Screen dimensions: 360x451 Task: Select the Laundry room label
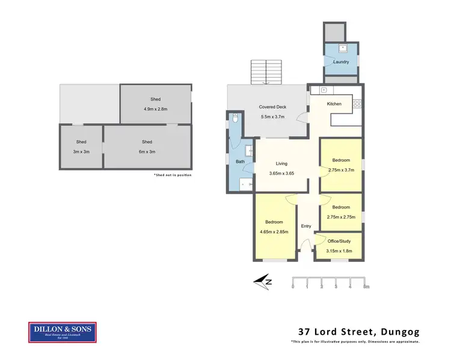point(341,62)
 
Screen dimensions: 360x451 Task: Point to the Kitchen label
point(334,104)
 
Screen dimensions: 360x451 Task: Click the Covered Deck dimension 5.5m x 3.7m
point(272,115)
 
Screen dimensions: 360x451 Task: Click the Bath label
point(240,162)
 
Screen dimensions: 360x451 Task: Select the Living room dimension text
point(281,174)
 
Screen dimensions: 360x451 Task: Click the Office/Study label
point(339,241)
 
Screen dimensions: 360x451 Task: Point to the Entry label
point(306,226)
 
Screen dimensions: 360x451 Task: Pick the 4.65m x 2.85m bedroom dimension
point(274,231)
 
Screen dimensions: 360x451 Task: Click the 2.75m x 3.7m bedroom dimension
point(342,170)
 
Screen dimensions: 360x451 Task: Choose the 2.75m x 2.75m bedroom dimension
point(342,216)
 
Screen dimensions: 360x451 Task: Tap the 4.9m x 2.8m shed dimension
point(155,109)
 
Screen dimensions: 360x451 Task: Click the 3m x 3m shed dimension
point(81,151)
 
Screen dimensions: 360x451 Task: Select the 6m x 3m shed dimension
point(147,151)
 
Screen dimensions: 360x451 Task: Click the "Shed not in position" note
point(173,175)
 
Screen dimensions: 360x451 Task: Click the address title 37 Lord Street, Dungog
point(359,331)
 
